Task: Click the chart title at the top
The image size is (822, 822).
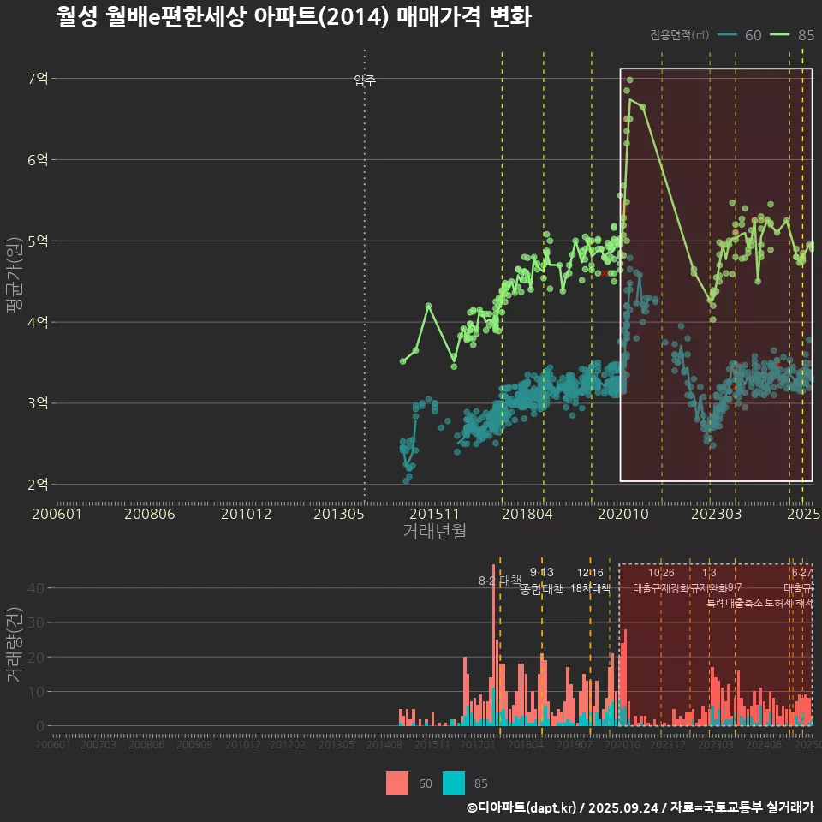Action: pyautogui.click(x=294, y=17)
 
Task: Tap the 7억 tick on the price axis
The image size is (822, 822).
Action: pyautogui.click(x=38, y=79)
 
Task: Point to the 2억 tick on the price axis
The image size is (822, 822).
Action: pyautogui.click(x=38, y=485)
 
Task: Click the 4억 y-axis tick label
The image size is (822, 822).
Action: pyautogui.click(x=38, y=323)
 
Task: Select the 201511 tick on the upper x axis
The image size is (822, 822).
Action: pyautogui.click(x=432, y=514)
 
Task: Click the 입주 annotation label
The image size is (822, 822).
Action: pyautogui.click(x=365, y=81)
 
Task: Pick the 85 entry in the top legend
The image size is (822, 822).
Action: pyautogui.click(x=805, y=35)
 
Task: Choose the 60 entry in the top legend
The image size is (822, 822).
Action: pyautogui.click(x=753, y=35)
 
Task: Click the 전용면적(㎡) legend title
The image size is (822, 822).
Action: pyautogui.click(x=680, y=35)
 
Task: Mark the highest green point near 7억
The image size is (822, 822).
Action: pyautogui.click(x=630, y=80)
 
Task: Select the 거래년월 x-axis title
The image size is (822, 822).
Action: pyautogui.click(x=434, y=532)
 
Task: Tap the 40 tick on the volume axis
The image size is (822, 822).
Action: pyautogui.click(x=39, y=588)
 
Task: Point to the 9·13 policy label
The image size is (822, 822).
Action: pyautogui.click(x=542, y=573)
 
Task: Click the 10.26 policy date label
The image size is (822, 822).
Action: pyautogui.click(x=661, y=573)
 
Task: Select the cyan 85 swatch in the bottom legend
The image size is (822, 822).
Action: pyautogui.click(x=454, y=783)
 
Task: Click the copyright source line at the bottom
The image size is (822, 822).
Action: pyautogui.click(x=640, y=807)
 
